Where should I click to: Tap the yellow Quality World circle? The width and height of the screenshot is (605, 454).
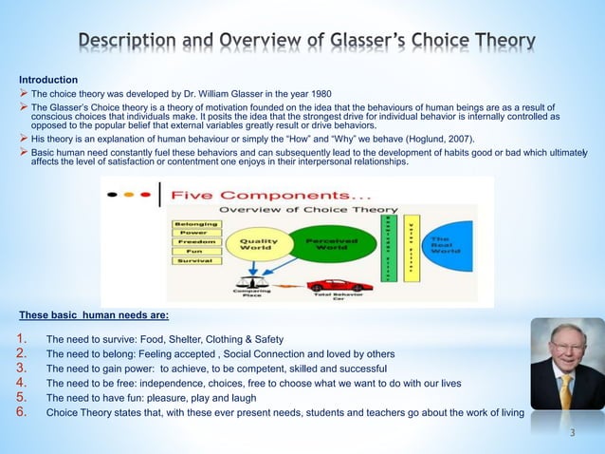tap(257, 244)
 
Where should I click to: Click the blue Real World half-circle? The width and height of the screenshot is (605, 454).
tap(447, 244)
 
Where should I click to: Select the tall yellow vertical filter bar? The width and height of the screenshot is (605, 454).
tap(411, 245)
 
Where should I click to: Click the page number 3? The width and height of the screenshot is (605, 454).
tap(572, 433)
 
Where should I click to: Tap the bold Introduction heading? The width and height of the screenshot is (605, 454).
tap(48, 79)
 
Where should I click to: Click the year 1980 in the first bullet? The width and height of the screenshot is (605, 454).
tap(309, 95)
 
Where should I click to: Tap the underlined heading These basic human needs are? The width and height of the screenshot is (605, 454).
tap(94, 314)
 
